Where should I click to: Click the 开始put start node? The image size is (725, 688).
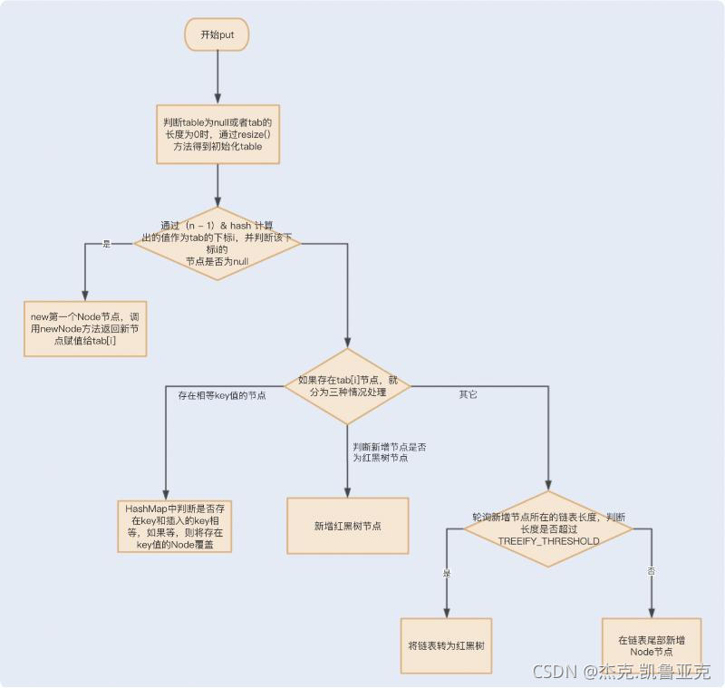coord(217,34)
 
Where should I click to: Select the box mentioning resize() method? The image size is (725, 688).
coord(217,134)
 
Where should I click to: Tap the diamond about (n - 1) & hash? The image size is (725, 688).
coord(217,243)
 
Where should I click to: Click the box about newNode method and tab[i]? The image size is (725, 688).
coord(83,328)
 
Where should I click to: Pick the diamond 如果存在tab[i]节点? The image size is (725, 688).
coord(347,386)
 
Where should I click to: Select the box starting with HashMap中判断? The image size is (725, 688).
coord(175,527)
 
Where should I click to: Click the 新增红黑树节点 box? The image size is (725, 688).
coord(347,526)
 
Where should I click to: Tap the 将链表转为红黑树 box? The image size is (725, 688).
coord(446,646)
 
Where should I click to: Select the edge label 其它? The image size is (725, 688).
coord(469,394)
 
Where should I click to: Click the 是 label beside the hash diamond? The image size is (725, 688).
coord(106,244)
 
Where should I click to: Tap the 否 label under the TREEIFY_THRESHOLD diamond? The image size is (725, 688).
coord(651,572)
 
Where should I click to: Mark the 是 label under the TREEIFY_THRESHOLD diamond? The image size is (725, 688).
coord(446,573)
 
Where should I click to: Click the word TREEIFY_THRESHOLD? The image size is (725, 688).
coord(548,541)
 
